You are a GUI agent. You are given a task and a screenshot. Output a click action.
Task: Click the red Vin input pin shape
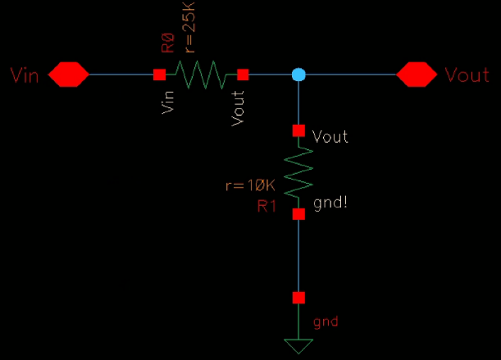click(68, 75)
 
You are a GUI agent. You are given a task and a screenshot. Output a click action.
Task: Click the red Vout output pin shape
click(417, 75)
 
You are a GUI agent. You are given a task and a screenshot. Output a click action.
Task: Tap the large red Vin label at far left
click(25, 75)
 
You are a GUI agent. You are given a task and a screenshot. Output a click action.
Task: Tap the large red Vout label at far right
click(467, 75)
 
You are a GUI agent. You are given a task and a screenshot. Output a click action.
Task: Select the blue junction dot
click(298, 75)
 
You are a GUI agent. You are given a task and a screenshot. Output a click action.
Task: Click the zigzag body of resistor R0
click(201, 75)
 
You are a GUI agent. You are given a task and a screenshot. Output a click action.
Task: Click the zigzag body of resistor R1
click(298, 171)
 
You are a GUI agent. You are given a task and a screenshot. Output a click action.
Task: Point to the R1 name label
click(267, 206)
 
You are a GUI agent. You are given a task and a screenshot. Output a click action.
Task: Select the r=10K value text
click(250, 185)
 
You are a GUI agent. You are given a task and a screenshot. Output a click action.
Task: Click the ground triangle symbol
click(298, 345)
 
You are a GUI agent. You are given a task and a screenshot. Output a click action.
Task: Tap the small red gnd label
click(326, 321)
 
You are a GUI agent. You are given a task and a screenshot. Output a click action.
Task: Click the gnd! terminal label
click(331, 199)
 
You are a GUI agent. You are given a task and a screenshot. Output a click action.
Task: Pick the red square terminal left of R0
click(159, 75)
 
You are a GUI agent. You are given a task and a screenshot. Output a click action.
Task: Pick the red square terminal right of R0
click(243, 75)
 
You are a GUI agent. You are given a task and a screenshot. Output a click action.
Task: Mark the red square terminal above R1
click(298, 130)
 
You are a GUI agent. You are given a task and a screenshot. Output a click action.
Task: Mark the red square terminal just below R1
click(298, 213)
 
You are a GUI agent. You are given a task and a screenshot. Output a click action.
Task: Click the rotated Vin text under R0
click(170, 102)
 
